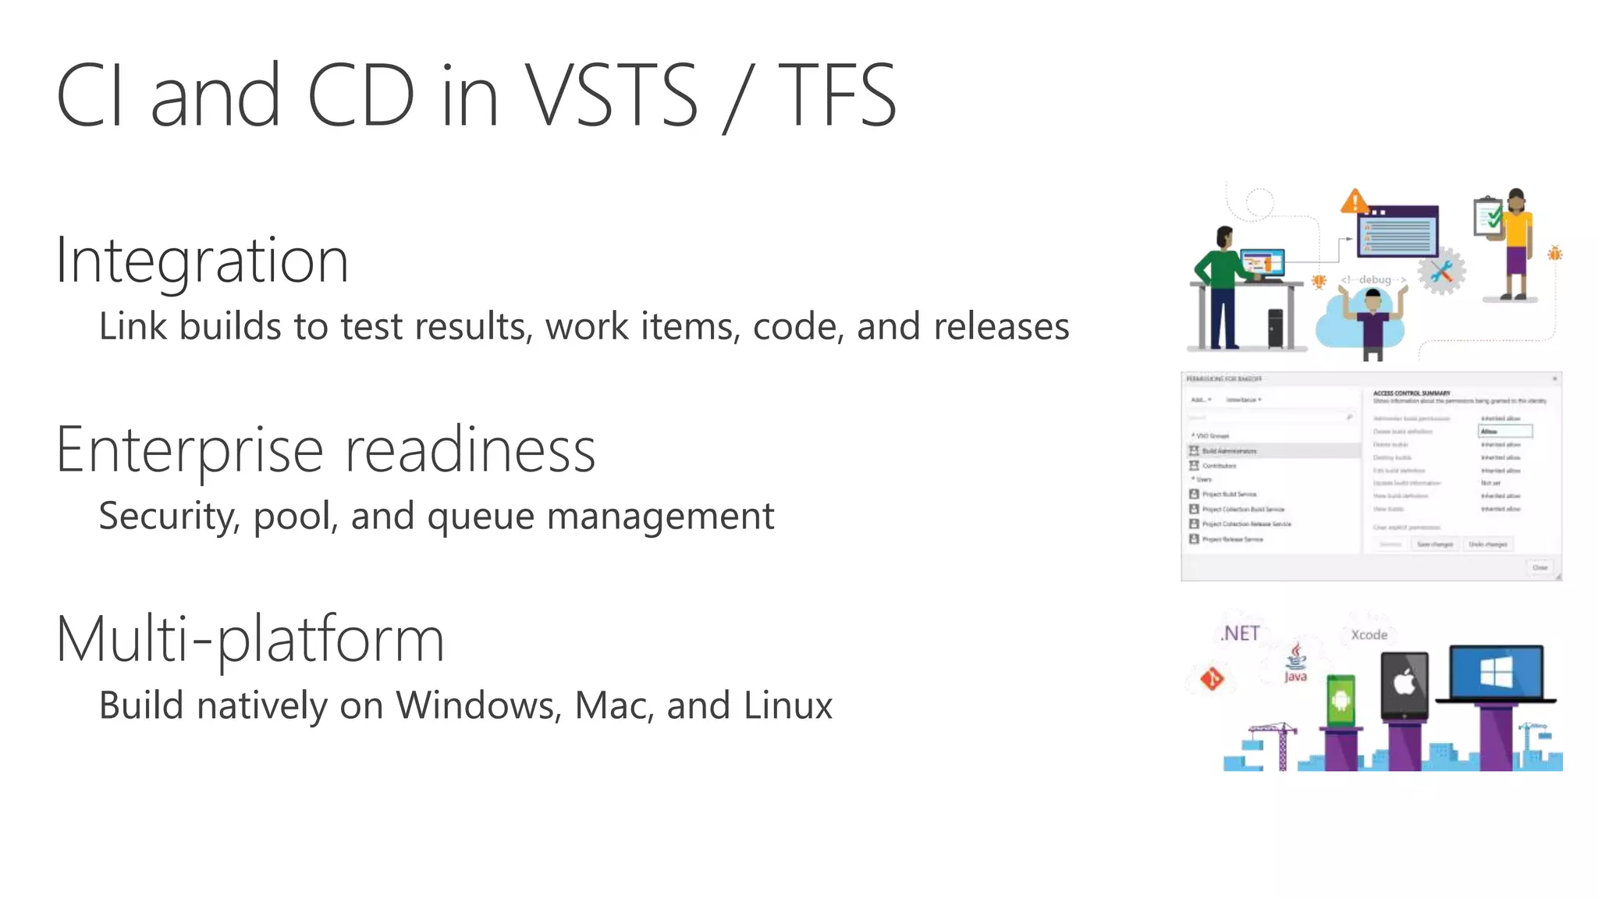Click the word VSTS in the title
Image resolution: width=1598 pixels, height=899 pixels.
pyautogui.click(x=611, y=95)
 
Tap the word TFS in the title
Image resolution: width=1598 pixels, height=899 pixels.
pyautogui.click(x=836, y=95)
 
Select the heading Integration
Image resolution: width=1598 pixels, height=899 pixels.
pyautogui.click(x=202, y=260)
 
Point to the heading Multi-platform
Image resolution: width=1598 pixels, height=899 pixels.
pyautogui.click(x=250, y=640)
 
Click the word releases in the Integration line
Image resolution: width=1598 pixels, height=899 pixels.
pyautogui.click(x=1001, y=326)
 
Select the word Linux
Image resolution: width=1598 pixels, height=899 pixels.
pyautogui.click(x=788, y=705)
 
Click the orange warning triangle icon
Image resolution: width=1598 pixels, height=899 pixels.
pyautogui.click(x=1355, y=202)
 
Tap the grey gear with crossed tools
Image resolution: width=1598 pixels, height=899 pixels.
pyautogui.click(x=1441, y=271)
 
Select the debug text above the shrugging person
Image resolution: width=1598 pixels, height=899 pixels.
pyautogui.click(x=1374, y=279)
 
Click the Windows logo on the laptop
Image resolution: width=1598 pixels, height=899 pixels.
pyautogui.click(x=1496, y=672)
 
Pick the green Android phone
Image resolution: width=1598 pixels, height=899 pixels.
pyautogui.click(x=1341, y=700)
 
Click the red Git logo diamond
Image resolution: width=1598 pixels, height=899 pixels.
pyautogui.click(x=1212, y=679)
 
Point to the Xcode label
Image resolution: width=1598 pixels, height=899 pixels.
pyautogui.click(x=1369, y=635)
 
